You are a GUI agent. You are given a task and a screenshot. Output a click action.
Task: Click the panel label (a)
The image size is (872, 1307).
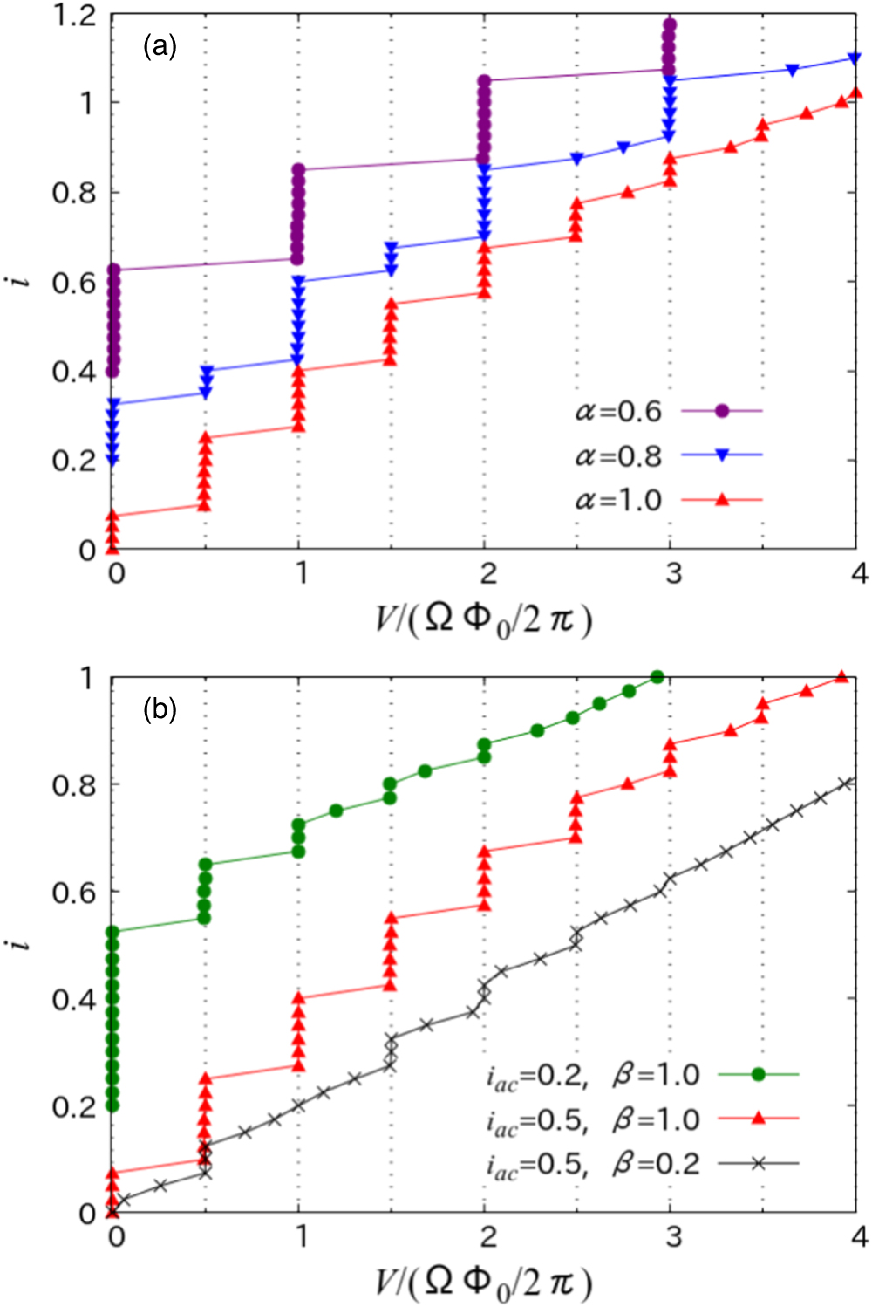[x=160, y=46]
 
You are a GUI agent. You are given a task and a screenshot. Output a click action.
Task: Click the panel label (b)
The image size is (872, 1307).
[x=160, y=709]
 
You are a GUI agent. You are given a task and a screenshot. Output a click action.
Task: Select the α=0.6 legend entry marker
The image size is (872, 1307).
[x=721, y=410]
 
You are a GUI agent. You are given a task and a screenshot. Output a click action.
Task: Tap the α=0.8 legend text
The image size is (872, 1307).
[x=618, y=455]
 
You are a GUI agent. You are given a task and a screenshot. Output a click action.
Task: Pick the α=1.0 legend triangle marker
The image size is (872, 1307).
[x=721, y=500]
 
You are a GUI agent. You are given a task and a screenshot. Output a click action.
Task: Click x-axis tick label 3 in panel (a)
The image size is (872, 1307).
[x=672, y=574]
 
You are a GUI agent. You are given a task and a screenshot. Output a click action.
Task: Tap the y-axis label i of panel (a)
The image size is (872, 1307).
[x=24, y=281]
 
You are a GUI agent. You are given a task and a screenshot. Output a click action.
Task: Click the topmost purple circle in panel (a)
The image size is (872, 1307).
[x=669, y=24]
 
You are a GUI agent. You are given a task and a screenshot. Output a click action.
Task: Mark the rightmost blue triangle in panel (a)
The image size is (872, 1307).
[x=854, y=58]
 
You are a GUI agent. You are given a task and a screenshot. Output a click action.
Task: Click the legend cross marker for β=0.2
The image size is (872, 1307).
[x=758, y=1163]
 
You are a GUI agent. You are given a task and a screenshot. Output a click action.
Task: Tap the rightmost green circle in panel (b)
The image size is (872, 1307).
[x=657, y=678]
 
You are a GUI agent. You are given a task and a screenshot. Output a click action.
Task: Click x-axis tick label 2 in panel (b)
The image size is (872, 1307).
[x=487, y=1236]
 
